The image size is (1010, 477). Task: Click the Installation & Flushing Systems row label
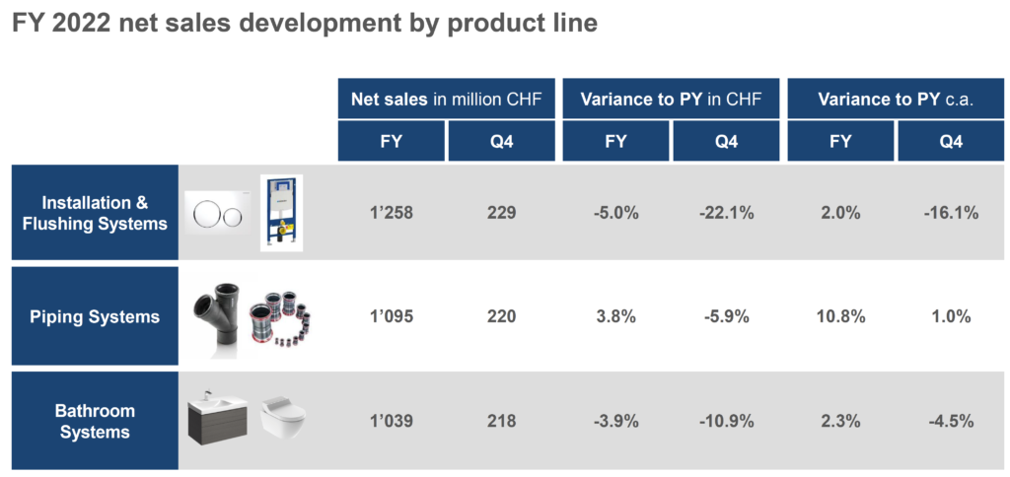(x=96, y=213)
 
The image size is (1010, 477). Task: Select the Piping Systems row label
(x=96, y=316)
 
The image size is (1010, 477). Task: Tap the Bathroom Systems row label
(x=96, y=421)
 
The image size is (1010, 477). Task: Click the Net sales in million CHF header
(x=447, y=100)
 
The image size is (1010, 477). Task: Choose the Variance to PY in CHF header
(x=671, y=100)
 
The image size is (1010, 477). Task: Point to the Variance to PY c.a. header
(x=896, y=100)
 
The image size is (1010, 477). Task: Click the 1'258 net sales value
(x=392, y=213)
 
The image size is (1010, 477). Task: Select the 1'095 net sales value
(x=392, y=316)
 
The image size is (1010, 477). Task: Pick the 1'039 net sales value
(x=392, y=421)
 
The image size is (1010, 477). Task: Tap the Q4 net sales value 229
(x=502, y=213)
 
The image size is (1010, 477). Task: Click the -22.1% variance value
(x=726, y=213)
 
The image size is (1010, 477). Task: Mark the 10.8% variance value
(x=840, y=316)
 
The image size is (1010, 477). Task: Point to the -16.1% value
(x=951, y=213)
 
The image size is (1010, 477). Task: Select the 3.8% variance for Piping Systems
(x=615, y=316)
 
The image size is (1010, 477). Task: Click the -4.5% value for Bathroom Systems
(x=951, y=421)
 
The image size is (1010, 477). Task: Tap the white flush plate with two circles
(x=216, y=213)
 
